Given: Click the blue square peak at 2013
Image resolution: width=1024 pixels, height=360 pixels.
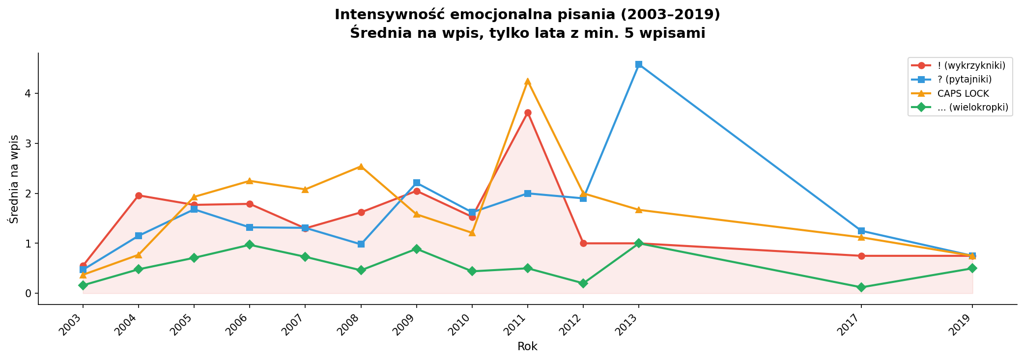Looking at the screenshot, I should pos(638,64).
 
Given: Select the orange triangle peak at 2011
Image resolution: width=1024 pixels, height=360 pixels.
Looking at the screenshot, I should pos(527,82).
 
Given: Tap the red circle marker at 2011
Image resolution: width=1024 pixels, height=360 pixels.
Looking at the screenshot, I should pos(527,113).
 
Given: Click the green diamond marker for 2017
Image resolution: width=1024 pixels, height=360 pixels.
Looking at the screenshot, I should pos(861,287).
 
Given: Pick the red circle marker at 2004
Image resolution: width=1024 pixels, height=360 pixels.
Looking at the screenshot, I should pos(139,195).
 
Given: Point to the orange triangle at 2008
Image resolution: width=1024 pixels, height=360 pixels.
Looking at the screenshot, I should pos(361,166).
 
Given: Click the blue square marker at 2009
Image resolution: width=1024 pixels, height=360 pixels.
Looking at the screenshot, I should pos(416,183).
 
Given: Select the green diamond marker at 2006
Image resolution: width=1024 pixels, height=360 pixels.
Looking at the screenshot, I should pos(250,245).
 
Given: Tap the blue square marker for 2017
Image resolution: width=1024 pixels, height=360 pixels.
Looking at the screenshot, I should pos(861,231).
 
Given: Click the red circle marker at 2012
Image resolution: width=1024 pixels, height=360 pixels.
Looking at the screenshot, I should pos(583,243).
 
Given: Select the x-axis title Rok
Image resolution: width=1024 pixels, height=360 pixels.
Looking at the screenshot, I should pos(527,347).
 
